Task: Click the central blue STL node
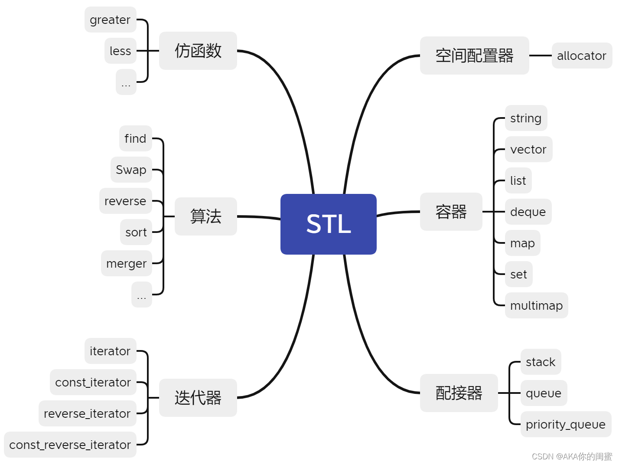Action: point(328,224)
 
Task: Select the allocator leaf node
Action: point(581,56)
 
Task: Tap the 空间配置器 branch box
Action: point(474,56)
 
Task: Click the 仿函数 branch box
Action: point(198,51)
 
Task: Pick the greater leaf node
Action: point(110,20)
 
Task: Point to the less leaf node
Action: point(120,51)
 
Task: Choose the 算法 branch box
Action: point(205,216)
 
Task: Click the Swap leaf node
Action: point(131,170)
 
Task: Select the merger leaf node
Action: point(126,263)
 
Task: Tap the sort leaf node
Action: point(136,232)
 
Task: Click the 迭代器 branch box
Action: point(198,397)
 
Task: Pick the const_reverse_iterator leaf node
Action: point(70,445)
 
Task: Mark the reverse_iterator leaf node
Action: point(87,413)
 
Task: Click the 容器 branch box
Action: point(451,212)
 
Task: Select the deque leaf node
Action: point(528,212)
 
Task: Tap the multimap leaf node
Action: point(536,305)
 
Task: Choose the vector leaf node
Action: point(528,149)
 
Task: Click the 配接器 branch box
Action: point(459,393)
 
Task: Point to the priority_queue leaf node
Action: point(565,424)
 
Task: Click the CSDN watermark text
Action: point(571,456)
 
